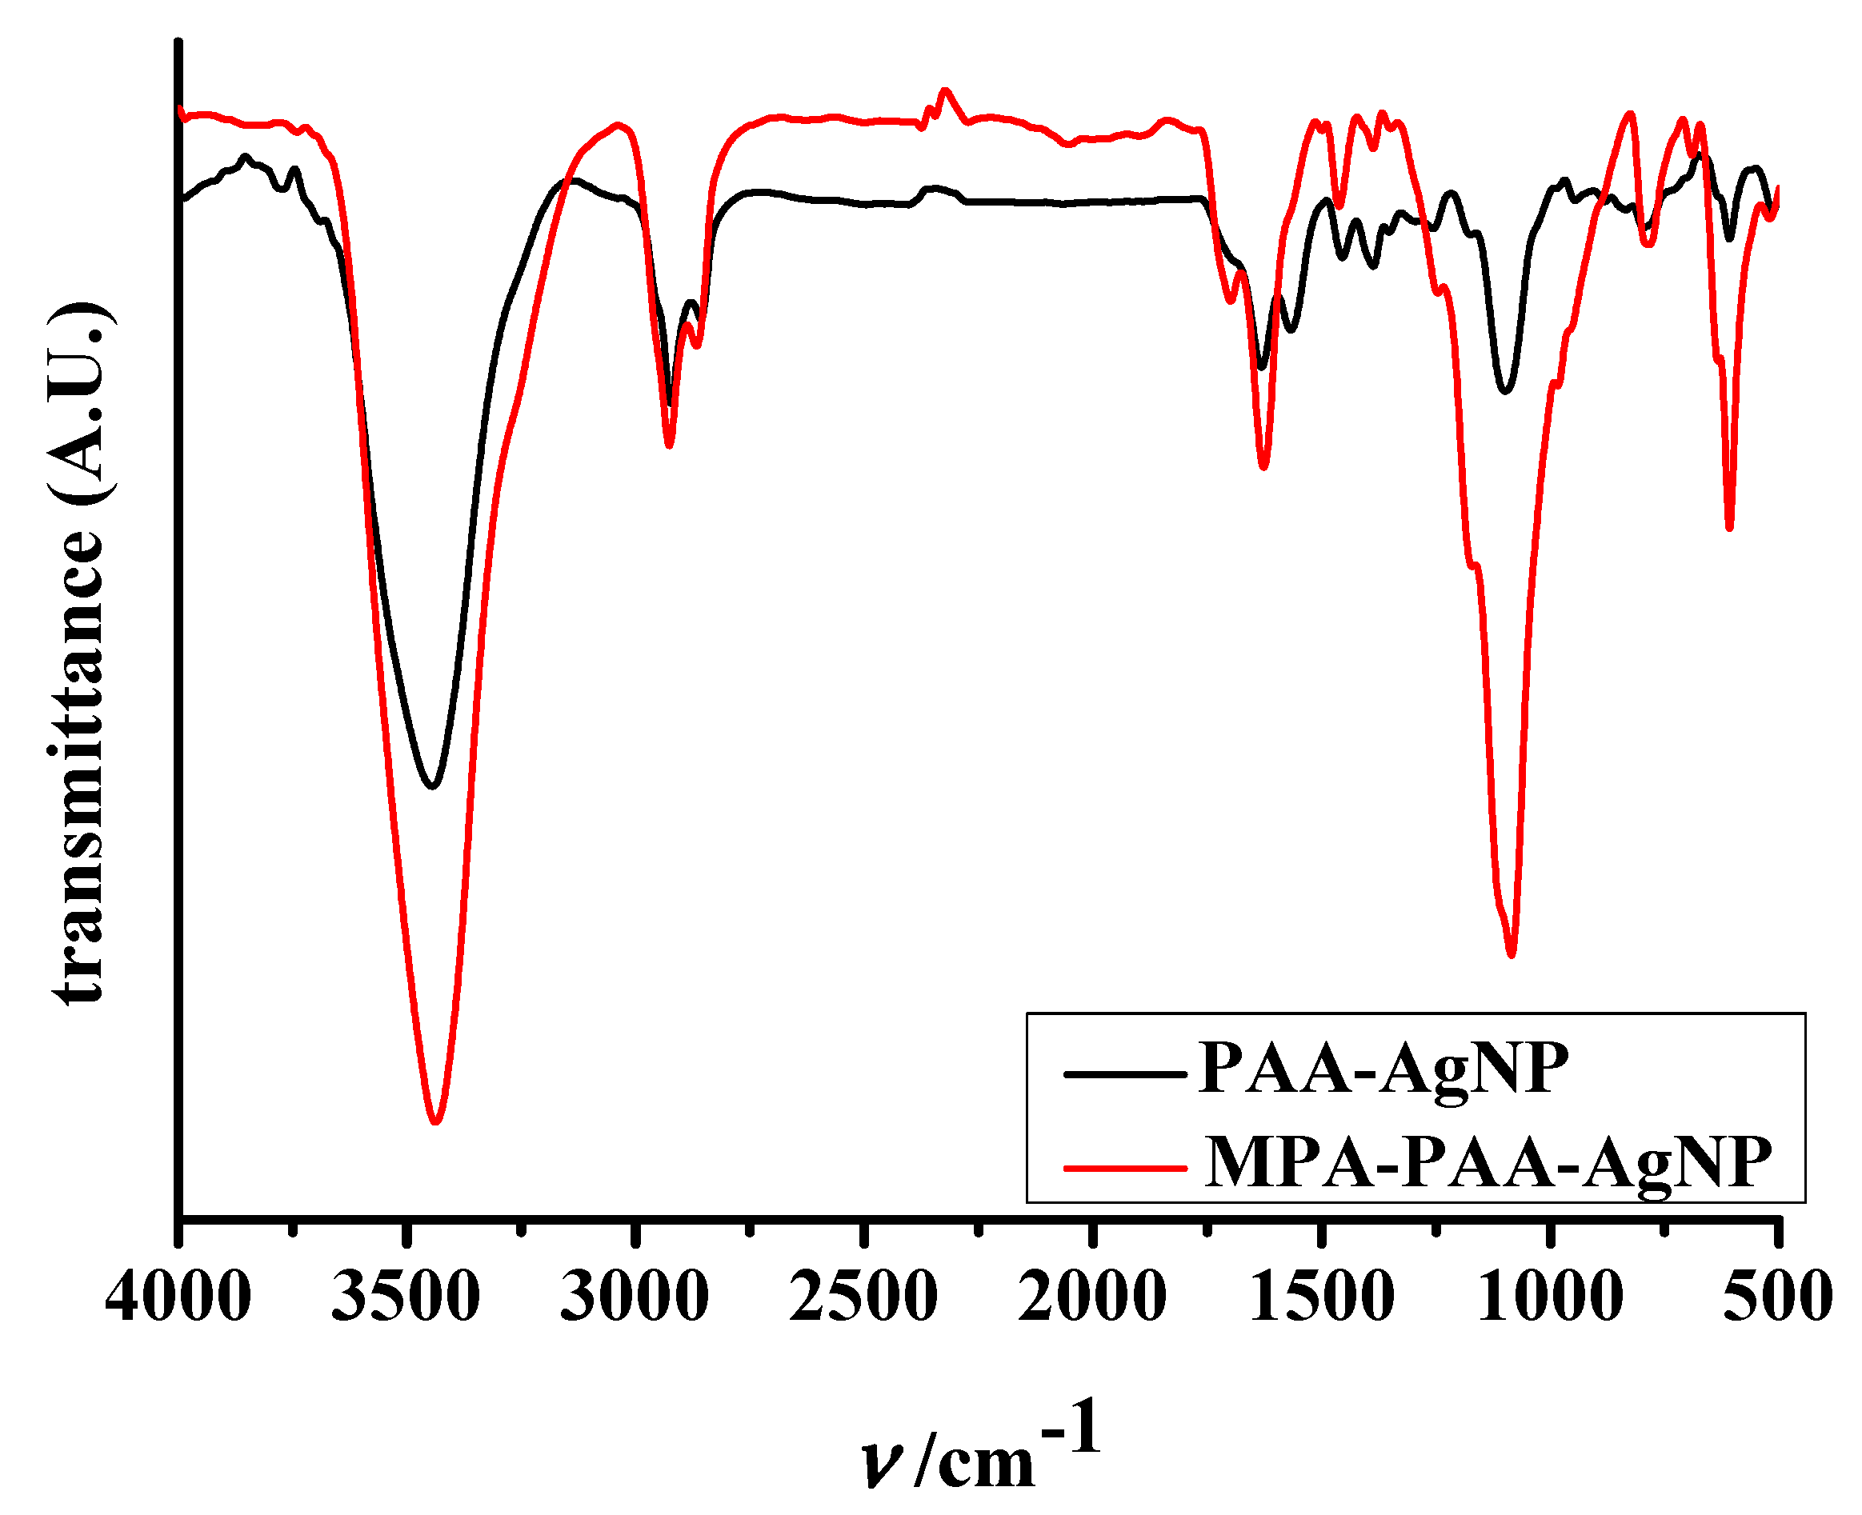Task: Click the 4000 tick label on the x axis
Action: click(178, 1297)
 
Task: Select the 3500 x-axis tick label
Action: click(406, 1297)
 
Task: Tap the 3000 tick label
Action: click(635, 1297)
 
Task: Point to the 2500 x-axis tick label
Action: click(863, 1297)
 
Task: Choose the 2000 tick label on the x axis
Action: click(1092, 1297)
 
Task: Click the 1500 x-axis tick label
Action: click(1322, 1297)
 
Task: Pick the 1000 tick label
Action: click(1551, 1297)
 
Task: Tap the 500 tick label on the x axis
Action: click(1778, 1297)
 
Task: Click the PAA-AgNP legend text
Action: click(1383, 1068)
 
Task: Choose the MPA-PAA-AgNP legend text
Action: click(1488, 1162)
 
